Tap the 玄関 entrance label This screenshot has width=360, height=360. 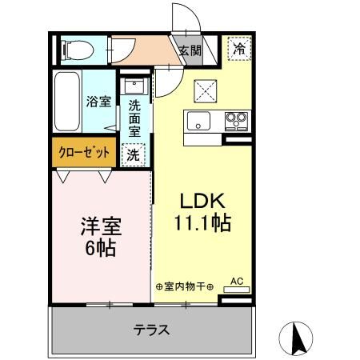[190, 52]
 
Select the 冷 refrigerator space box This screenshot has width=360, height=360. [238, 49]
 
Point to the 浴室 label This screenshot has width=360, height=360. [98, 102]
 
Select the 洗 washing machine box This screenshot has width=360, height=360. [133, 154]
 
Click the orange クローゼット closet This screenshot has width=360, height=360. [82, 152]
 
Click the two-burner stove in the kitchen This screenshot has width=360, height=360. [235, 121]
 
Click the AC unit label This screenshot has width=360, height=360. [237, 282]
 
